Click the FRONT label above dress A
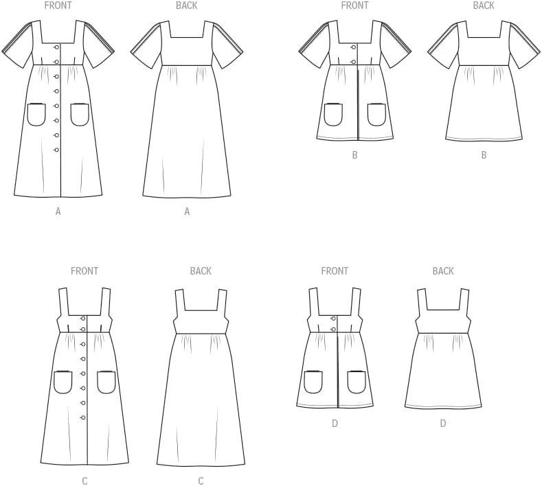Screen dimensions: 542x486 58,5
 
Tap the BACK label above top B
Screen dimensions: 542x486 484,5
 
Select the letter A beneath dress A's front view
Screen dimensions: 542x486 58,211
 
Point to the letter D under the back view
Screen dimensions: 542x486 443,423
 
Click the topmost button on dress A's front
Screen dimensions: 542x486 57,47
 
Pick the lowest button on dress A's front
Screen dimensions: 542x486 57,150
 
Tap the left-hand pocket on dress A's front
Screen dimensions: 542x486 36,115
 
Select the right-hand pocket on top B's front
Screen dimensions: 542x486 376,115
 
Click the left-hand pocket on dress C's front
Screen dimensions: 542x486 63,382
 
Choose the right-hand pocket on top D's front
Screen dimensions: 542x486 357,382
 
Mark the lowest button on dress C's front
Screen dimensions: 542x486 83,417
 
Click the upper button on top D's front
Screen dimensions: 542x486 334,319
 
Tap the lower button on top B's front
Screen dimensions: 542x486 354,62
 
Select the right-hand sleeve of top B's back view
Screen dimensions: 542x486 524,45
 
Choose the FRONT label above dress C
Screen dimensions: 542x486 84,271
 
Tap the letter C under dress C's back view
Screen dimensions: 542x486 201,481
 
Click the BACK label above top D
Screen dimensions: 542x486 443,271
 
